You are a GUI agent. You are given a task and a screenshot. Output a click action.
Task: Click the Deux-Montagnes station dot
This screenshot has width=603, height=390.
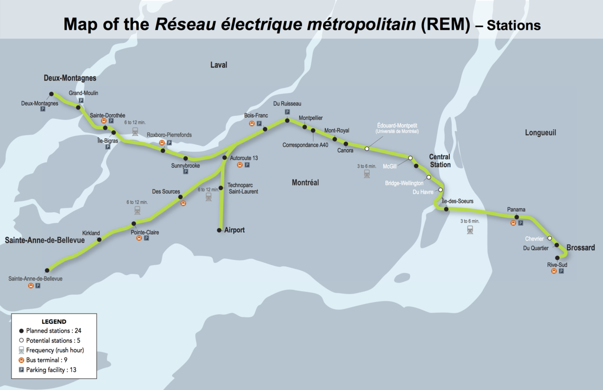coord(51,94)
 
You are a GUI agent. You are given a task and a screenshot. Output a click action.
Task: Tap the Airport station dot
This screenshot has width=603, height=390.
coord(219,230)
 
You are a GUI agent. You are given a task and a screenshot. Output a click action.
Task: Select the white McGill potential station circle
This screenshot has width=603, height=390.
coord(410,158)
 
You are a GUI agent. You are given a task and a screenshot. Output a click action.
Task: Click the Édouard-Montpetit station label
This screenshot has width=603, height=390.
coord(397,126)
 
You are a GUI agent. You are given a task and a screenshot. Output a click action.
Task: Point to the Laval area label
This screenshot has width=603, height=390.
coord(219,65)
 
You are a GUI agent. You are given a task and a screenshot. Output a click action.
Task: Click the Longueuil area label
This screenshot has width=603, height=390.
coord(541,133)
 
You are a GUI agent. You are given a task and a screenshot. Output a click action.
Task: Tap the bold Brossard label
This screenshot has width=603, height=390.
coord(581,248)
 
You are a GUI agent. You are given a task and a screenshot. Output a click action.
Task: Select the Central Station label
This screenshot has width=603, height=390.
coord(440,161)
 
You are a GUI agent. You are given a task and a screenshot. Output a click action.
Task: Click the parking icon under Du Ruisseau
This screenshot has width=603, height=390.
coord(287,112)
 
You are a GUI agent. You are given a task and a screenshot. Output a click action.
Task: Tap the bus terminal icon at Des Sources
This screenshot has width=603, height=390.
coord(183,203)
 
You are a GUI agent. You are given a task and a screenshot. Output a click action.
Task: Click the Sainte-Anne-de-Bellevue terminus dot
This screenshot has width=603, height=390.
coord(47,270)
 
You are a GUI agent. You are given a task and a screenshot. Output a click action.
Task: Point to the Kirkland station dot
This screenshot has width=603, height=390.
coord(99,240)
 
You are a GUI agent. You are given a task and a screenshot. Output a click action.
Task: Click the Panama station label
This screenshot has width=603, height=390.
coord(516,210)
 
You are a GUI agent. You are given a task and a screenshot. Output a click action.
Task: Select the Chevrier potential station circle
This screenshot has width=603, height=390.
coord(550,238)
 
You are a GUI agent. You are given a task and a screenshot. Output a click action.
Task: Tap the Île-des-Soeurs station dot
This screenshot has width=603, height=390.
coord(446,209)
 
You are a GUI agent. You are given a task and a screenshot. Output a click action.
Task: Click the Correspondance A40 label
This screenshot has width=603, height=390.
coord(306,145)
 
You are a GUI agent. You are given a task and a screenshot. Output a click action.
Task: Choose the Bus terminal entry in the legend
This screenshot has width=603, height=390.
coord(43,360)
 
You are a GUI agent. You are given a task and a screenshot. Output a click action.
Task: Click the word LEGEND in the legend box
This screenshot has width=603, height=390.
coord(54,322)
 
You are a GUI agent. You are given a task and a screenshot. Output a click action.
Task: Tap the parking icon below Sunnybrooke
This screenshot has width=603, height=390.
coord(185,172)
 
